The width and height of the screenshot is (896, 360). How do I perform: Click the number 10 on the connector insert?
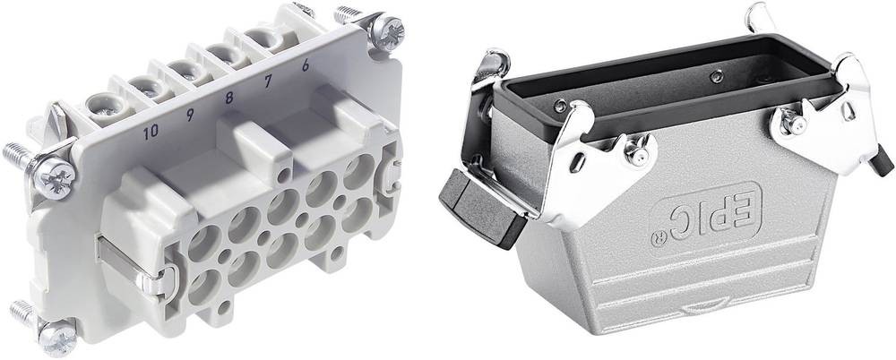(x=151, y=133)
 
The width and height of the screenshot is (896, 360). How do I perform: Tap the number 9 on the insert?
(x=190, y=115)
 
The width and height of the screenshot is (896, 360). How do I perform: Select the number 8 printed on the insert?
(x=229, y=98)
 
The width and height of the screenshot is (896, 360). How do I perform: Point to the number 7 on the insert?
(x=267, y=81)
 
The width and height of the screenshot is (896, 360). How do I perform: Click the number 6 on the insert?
(x=306, y=65)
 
